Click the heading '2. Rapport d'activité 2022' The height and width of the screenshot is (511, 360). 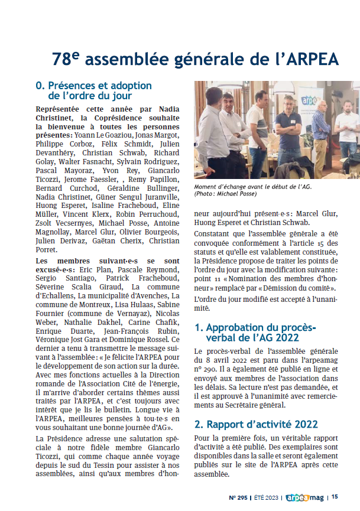(x=257, y=424)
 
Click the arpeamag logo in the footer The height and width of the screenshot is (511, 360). (x=306, y=497)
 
